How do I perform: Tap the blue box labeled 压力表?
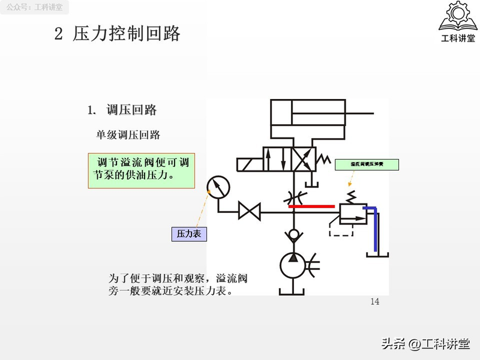point(189,234)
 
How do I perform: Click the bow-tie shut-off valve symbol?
point(249,212)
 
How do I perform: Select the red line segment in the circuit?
point(311,206)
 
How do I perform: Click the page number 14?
point(375,302)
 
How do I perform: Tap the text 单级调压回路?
point(128,135)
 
